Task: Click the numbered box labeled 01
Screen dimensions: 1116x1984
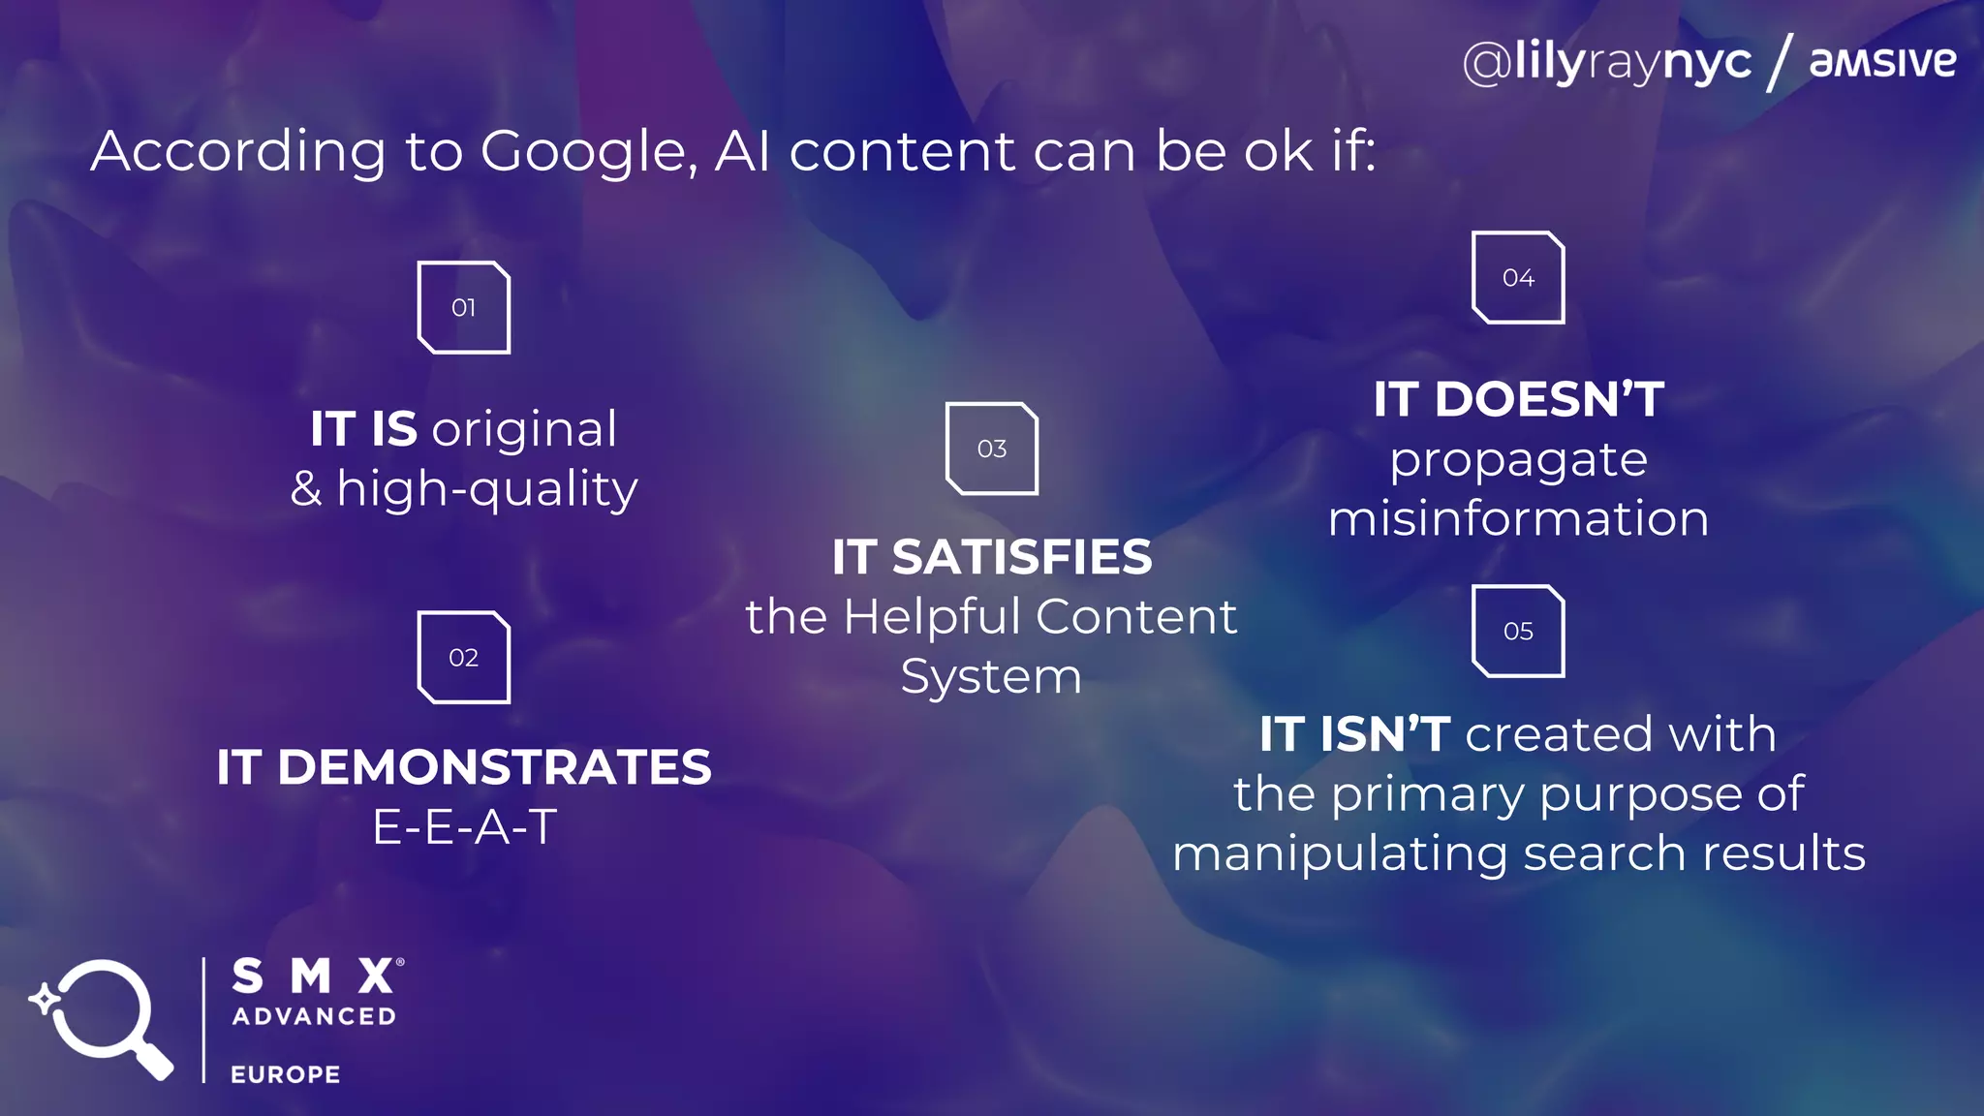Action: [x=463, y=307]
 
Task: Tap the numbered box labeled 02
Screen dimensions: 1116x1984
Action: [x=463, y=657]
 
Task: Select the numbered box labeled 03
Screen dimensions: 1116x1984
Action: [x=991, y=449]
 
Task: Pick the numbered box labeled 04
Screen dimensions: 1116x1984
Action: [x=1518, y=277]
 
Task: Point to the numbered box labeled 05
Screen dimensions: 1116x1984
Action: [x=1518, y=631]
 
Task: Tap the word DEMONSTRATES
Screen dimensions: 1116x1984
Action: [x=494, y=767]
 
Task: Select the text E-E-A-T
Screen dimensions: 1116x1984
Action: [x=464, y=827]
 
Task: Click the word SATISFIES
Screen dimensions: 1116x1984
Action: [x=1021, y=558]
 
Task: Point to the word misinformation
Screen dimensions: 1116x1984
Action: [x=1518, y=518]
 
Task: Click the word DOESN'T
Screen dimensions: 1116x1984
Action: [x=1549, y=399]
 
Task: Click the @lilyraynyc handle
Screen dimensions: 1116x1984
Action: [x=1607, y=63]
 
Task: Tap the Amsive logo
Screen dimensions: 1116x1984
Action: [x=1882, y=62]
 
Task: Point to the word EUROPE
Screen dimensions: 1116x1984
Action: [x=286, y=1074]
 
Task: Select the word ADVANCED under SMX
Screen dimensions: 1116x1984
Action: [x=314, y=1016]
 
